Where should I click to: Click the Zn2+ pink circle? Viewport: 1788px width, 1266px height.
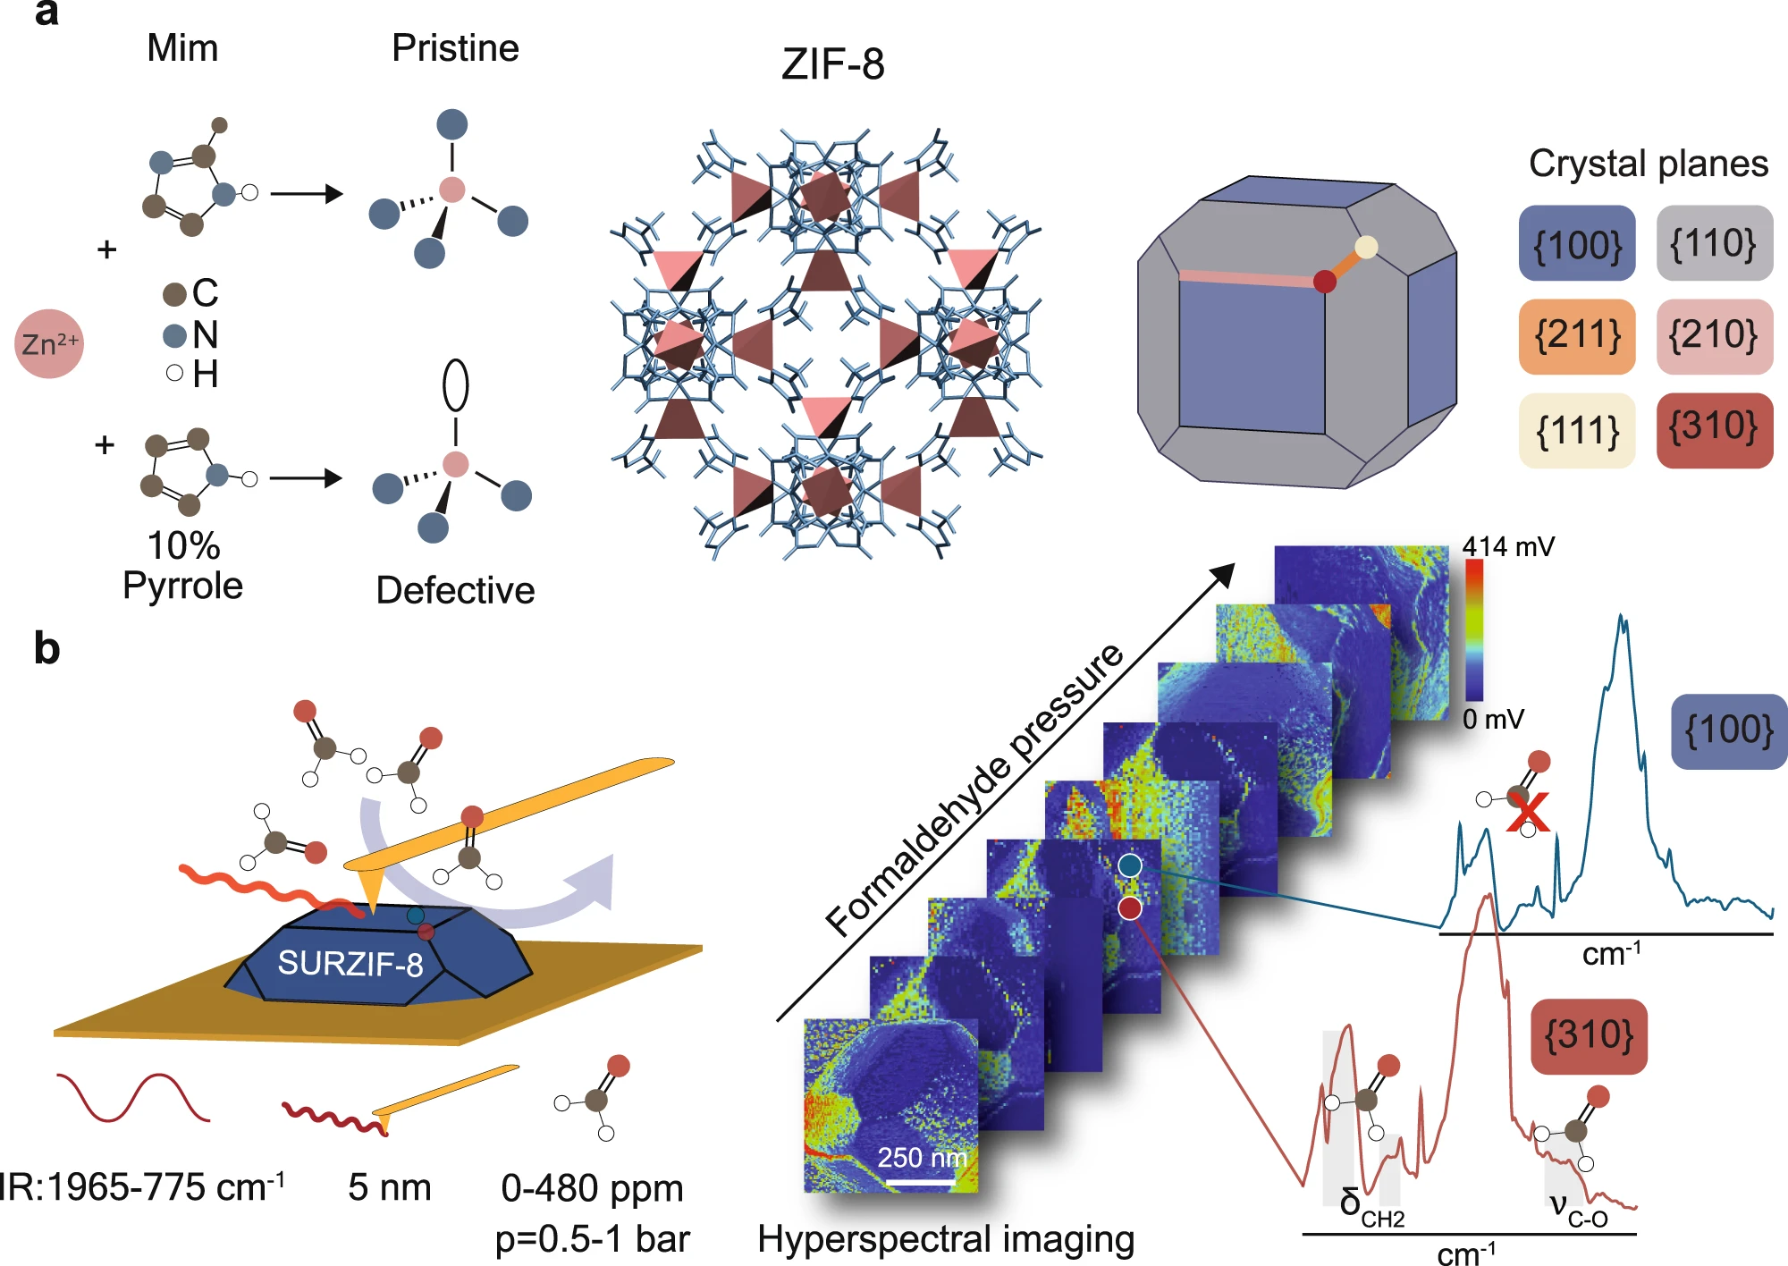pos(49,343)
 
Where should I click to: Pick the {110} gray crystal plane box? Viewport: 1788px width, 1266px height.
pos(1714,243)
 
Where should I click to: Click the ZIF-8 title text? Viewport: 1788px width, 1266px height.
pos(832,64)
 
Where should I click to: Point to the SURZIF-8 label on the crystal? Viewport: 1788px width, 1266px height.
pos(350,963)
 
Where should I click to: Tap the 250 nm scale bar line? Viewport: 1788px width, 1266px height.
pos(920,1183)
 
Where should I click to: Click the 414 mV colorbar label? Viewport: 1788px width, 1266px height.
pos(1508,546)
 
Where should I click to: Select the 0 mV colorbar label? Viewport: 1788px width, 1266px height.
pos(1493,719)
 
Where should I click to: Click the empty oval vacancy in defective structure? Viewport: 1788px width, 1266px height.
pos(456,384)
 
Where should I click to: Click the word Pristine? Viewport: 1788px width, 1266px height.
pos(455,48)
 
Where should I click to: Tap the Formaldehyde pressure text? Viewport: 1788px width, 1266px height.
pos(974,789)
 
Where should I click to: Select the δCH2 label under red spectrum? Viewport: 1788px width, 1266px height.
pos(1371,1207)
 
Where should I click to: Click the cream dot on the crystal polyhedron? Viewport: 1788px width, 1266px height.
pos(1366,248)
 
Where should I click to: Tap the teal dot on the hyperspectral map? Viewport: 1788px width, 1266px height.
pos(1130,865)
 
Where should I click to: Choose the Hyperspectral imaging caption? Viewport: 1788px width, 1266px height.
pos(946,1239)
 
